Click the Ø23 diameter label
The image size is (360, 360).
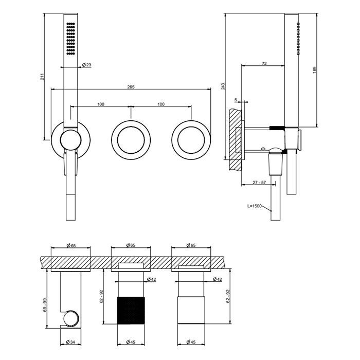point(86,65)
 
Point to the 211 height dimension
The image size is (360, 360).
point(42,77)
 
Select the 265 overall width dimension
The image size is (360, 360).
point(131,87)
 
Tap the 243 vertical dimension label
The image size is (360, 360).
point(223,86)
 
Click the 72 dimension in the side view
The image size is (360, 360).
point(264,63)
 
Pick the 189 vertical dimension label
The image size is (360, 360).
point(315,70)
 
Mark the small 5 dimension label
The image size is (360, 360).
point(236,100)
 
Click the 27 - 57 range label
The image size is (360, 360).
point(259,183)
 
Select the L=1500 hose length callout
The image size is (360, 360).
point(255,206)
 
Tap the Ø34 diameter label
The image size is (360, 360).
point(70,342)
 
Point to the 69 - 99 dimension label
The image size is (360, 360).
point(45,305)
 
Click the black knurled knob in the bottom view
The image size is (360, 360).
point(131,311)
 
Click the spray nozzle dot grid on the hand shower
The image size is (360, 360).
point(70,39)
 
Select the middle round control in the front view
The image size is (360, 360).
point(131,140)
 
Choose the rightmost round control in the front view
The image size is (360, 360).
point(191,140)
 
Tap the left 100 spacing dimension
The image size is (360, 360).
point(101,104)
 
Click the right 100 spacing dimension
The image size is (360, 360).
point(161,104)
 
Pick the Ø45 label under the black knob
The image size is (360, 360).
point(131,342)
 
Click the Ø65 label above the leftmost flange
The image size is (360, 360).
point(71,245)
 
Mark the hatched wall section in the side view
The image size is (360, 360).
point(235,139)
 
